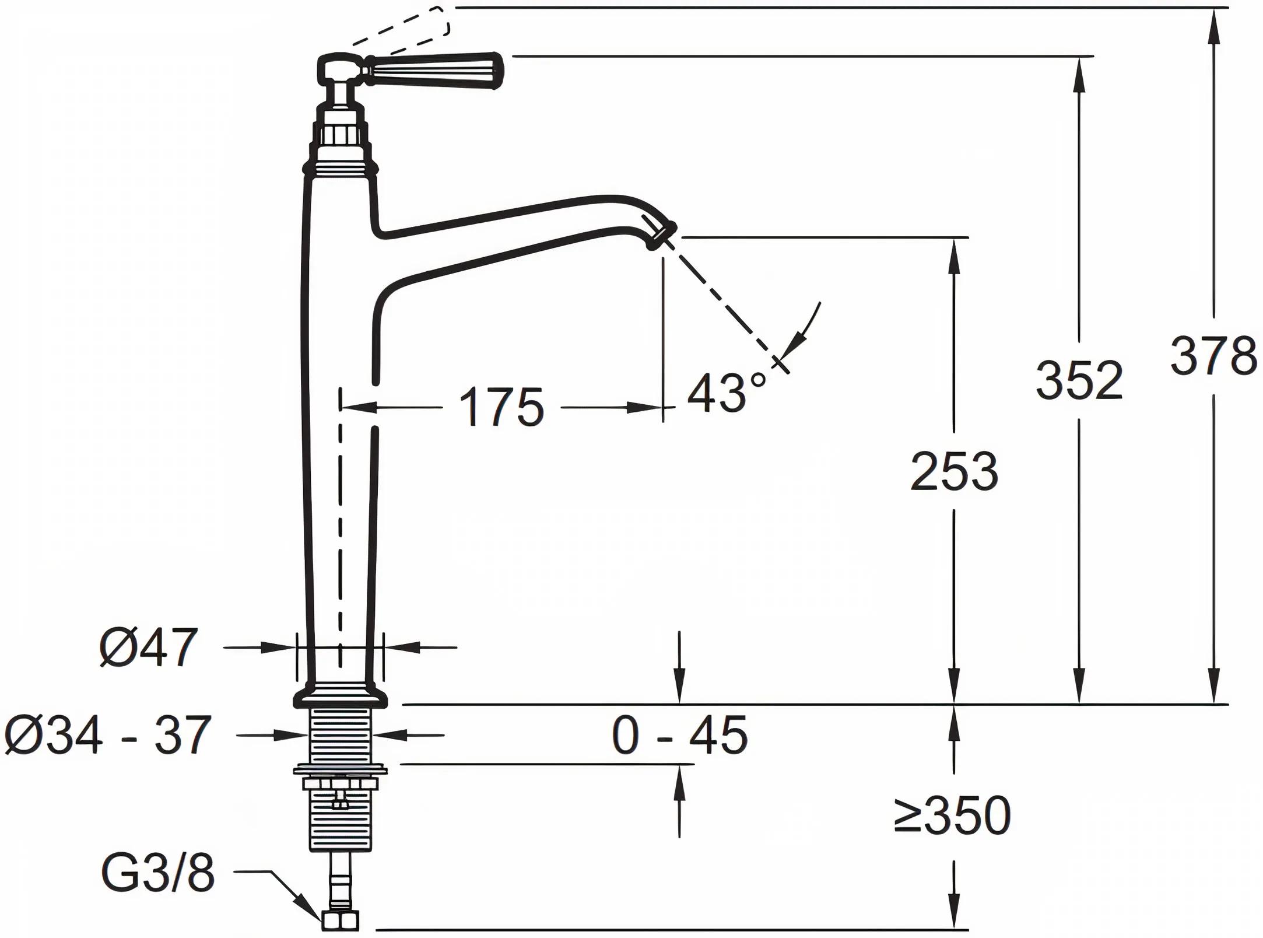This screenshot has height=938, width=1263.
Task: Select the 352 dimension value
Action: (x=1079, y=381)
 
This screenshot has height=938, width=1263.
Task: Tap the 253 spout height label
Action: (x=954, y=471)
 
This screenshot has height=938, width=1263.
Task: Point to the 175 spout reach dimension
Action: (x=501, y=408)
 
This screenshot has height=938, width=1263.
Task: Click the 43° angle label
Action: (x=725, y=393)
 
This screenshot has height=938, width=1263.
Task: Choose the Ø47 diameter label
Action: (x=149, y=647)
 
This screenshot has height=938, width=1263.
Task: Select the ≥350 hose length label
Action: (x=952, y=815)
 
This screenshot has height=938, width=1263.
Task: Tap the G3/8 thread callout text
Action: (x=158, y=873)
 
